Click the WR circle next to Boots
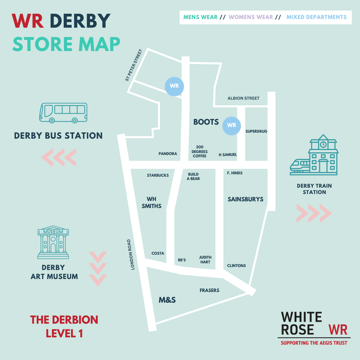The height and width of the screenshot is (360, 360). pos(231,126)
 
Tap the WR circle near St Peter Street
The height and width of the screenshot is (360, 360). pos(174,86)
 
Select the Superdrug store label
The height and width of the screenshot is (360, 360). pos(256,131)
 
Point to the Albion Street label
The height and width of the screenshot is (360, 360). pos(243,98)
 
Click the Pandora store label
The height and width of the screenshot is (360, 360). pos(168,154)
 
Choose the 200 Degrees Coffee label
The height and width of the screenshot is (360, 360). pos(200,151)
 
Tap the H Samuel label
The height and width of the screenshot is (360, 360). pos(228,155)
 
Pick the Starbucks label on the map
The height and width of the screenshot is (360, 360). pos(158,175)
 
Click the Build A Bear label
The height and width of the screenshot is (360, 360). pos(193,176)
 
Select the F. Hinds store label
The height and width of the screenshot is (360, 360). pos(235,173)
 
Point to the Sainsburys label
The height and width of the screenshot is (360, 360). pos(245,199)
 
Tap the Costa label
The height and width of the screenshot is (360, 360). pos(158,253)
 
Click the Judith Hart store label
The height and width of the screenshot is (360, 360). pos(205,260)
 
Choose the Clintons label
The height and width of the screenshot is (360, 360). pos(236,266)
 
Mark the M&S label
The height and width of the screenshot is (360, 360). pos(167,300)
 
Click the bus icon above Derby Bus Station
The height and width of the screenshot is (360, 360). pos(63,113)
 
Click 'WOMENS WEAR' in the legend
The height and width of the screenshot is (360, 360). pos(251,17)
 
